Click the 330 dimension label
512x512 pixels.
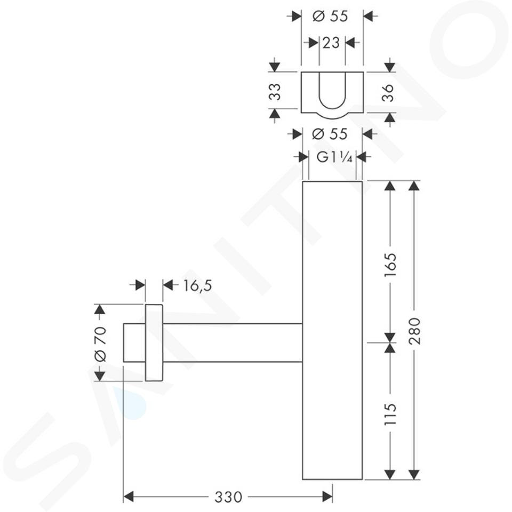click(228, 497)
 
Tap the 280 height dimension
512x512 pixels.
click(414, 331)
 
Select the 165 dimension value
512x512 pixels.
click(390, 265)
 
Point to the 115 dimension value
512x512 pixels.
click(390, 414)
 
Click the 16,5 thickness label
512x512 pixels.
click(197, 285)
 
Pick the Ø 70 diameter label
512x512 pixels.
click(100, 344)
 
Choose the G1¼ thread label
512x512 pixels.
click(334, 158)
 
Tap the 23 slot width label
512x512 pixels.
click(331, 43)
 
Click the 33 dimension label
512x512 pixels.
click(275, 92)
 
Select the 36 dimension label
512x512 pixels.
click(388, 93)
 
